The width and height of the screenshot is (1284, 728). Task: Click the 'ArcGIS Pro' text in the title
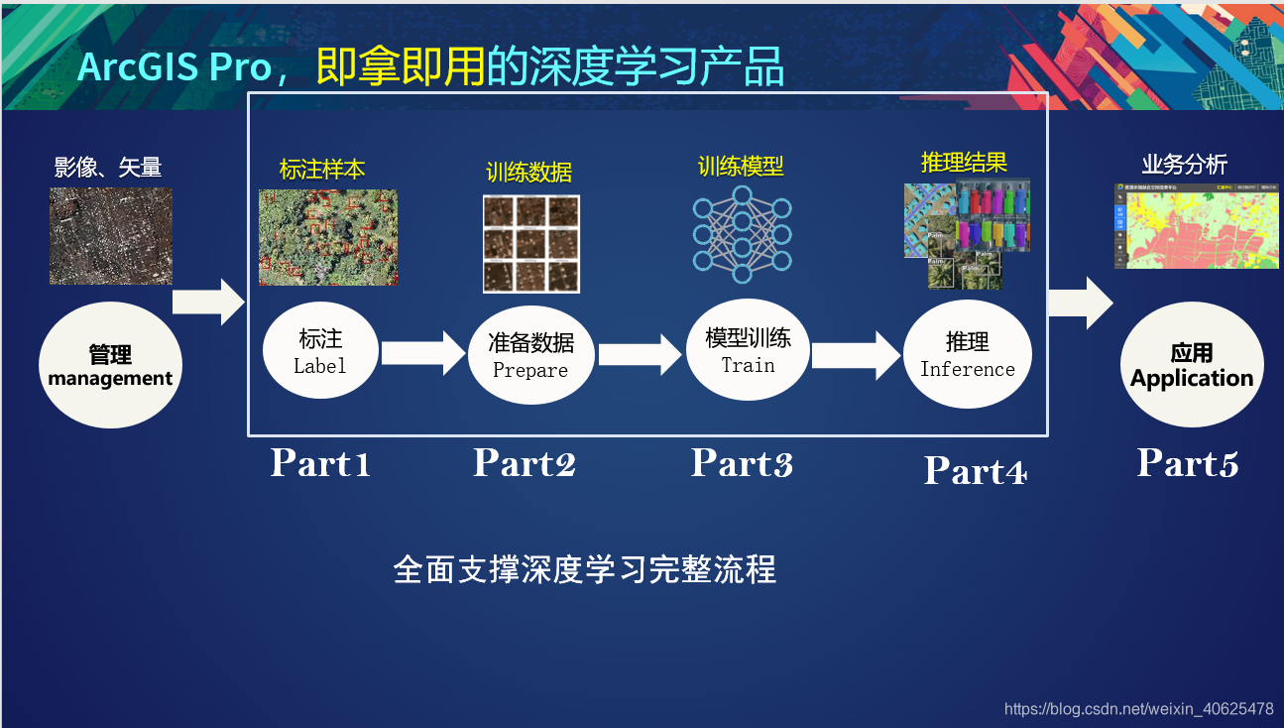click(x=175, y=67)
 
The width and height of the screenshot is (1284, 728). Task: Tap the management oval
click(x=110, y=365)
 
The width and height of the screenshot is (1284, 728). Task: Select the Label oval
click(x=320, y=352)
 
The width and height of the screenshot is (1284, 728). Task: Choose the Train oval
click(x=748, y=350)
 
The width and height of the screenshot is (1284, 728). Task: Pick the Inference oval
click(x=967, y=354)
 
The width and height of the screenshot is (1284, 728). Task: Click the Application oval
click(x=1191, y=365)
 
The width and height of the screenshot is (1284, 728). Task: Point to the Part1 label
click(x=320, y=462)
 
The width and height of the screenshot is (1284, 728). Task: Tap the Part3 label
click(x=742, y=462)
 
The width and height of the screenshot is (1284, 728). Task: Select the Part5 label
click(x=1187, y=462)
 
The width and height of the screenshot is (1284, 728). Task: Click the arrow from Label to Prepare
click(x=423, y=353)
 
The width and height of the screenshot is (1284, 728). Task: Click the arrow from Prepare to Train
click(x=642, y=354)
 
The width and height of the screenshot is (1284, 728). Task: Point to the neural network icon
click(x=742, y=234)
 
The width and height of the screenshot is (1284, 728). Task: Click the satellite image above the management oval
click(x=111, y=236)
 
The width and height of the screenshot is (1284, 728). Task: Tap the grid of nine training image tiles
click(x=530, y=243)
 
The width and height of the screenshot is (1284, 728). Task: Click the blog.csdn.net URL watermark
click(x=1138, y=708)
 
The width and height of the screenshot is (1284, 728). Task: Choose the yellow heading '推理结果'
click(x=964, y=162)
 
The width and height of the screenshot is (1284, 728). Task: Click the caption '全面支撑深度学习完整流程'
click(x=584, y=570)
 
